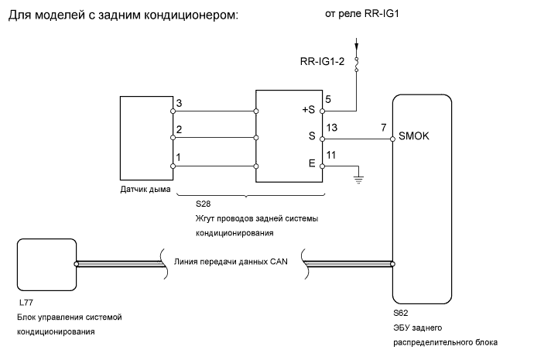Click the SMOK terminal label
[413, 136]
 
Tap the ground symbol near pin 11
[358, 180]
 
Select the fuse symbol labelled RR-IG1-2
[357, 64]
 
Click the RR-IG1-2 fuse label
[322, 61]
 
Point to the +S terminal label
[309, 110]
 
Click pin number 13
[332, 128]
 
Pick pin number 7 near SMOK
[383, 128]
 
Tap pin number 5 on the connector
[328, 99]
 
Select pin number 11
[331, 155]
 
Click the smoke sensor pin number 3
[179, 103]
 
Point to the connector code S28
[203, 204]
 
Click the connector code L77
[26, 303]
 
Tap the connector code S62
[401, 313]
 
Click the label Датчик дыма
[145, 190]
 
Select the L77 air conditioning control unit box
[46, 265]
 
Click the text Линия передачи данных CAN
[231, 262]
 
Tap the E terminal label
[312, 163]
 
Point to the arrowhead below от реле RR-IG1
[357, 46]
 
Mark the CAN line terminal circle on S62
[392, 264]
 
